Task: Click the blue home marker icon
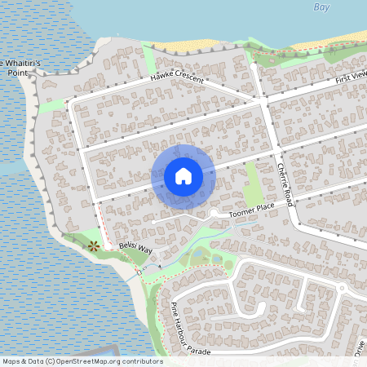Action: click(183, 176)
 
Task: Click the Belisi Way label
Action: click(135, 247)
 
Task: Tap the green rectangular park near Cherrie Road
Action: click(254, 183)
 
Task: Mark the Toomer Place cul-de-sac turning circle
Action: click(213, 213)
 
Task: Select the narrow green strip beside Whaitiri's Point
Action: click(51, 106)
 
